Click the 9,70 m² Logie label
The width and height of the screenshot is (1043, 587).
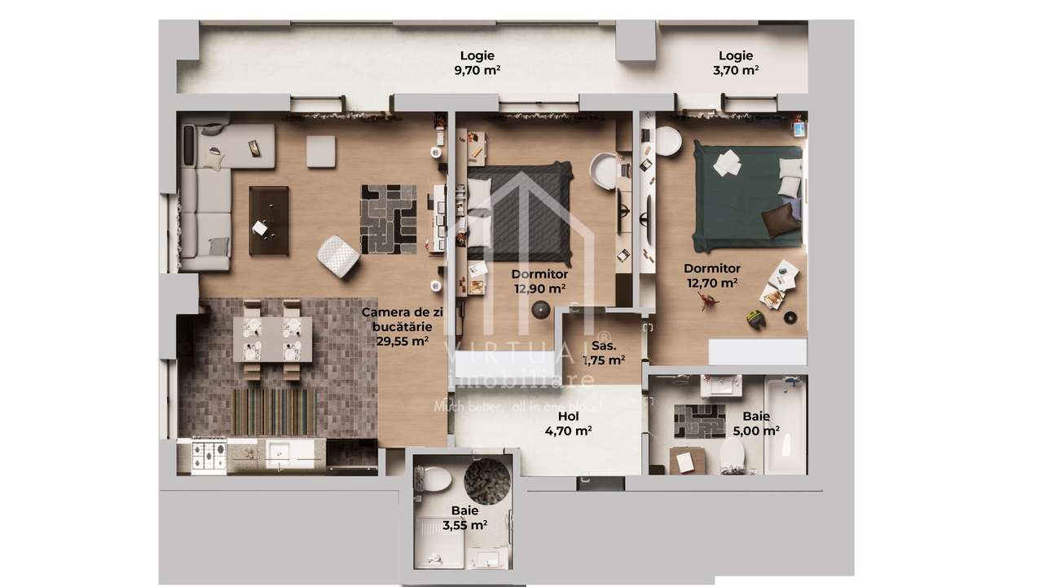click(x=477, y=63)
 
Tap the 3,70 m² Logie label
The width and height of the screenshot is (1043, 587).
click(x=735, y=63)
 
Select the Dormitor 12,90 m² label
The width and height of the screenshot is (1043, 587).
click(x=539, y=281)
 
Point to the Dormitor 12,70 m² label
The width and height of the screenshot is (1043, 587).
click(x=711, y=276)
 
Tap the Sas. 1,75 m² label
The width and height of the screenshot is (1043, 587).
click(x=603, y=352)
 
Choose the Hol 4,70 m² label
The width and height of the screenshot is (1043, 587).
click(x=568, y=424)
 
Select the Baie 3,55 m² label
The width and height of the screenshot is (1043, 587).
click(x=464, y=519)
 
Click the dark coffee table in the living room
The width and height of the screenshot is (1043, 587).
click(x=269, y=220)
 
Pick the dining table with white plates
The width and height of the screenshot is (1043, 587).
click(x=272, y=339)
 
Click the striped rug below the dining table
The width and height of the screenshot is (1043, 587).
click(x=275, y=411)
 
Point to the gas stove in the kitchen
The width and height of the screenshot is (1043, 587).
click(x=209, y=457)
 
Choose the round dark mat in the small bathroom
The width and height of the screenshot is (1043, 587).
click(x=488, y=480)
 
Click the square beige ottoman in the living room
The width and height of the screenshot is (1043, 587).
click(x=321, y=152)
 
